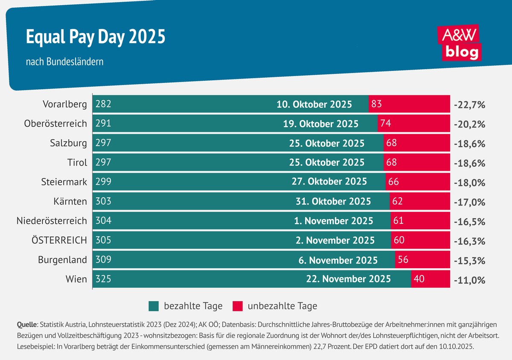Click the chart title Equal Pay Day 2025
[x=96, y=38]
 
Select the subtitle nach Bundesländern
[x=64, y=62]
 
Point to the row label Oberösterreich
[x=55, y=123]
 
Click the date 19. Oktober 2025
[x=321, y=124]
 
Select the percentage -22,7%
[x=470, y=105]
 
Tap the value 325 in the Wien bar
[x=103, y=279]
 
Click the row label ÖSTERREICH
[x=59, y=240]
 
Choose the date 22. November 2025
[x=348, y=279]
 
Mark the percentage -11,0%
[x=470, y=280]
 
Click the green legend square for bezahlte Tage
[x=154, y=306]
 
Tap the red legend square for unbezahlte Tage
[x=238, y=306]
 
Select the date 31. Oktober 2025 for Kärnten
[x=333, y=201]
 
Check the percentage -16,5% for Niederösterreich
[x=470, y=221]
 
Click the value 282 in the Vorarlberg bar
[x=103, y=104]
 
